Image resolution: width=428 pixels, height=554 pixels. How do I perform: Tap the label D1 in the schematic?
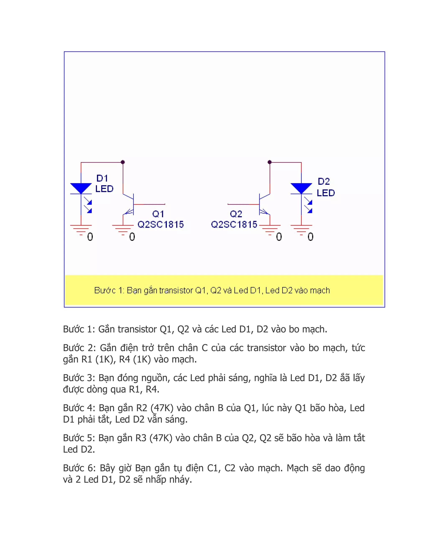click(102, 178)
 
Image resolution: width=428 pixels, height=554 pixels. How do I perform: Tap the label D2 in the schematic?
click(324, 181)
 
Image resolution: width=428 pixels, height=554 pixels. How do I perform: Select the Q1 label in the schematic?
click(158, 214)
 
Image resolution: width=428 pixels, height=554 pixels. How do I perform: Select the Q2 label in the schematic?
click(236, 214)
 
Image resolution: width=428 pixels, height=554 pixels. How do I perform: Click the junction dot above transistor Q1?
click(123, 162)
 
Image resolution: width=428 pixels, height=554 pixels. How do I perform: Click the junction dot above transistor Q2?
click(270, 162)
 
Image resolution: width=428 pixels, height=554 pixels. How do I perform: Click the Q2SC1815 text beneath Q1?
click(160, 225)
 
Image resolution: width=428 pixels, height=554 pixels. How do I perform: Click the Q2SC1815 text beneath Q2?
click(234, 225)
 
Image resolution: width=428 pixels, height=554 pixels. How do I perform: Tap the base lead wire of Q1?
click(150, 204)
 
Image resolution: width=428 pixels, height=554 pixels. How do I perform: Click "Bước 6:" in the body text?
click(79, 468)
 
